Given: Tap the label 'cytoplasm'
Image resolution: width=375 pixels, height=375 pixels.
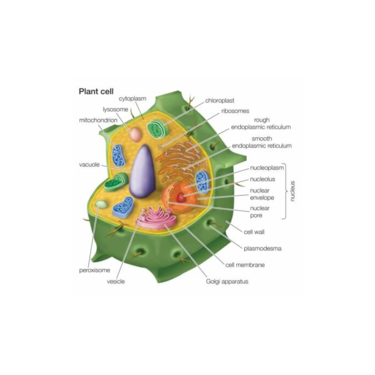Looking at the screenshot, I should point(133,99).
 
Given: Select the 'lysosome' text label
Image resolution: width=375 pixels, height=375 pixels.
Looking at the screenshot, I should point(116,109).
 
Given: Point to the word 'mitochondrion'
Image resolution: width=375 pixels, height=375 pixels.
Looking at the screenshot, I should point(98,120).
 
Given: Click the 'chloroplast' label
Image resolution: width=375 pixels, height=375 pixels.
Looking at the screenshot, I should point(219,101).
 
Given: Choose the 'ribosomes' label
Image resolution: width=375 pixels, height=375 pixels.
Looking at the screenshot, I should point(235,111).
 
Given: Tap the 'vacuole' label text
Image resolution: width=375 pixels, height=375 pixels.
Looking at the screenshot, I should point(90,165).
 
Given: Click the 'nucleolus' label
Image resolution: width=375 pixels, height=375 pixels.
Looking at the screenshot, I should point(262,179).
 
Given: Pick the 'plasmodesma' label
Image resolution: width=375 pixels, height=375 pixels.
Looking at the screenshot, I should point(262,249).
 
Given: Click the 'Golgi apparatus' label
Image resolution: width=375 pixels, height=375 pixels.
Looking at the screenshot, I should point(227,281).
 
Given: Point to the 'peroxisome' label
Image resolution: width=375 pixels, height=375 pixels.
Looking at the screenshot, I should point(94,270).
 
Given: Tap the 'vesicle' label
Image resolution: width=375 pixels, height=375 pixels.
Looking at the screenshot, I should point(116,282).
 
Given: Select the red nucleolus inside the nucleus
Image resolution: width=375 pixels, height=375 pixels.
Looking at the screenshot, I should point(181,198).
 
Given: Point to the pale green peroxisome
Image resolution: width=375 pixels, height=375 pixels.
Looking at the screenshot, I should point(102,204).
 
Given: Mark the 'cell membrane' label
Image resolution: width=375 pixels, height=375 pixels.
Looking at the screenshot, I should point(245,265).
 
